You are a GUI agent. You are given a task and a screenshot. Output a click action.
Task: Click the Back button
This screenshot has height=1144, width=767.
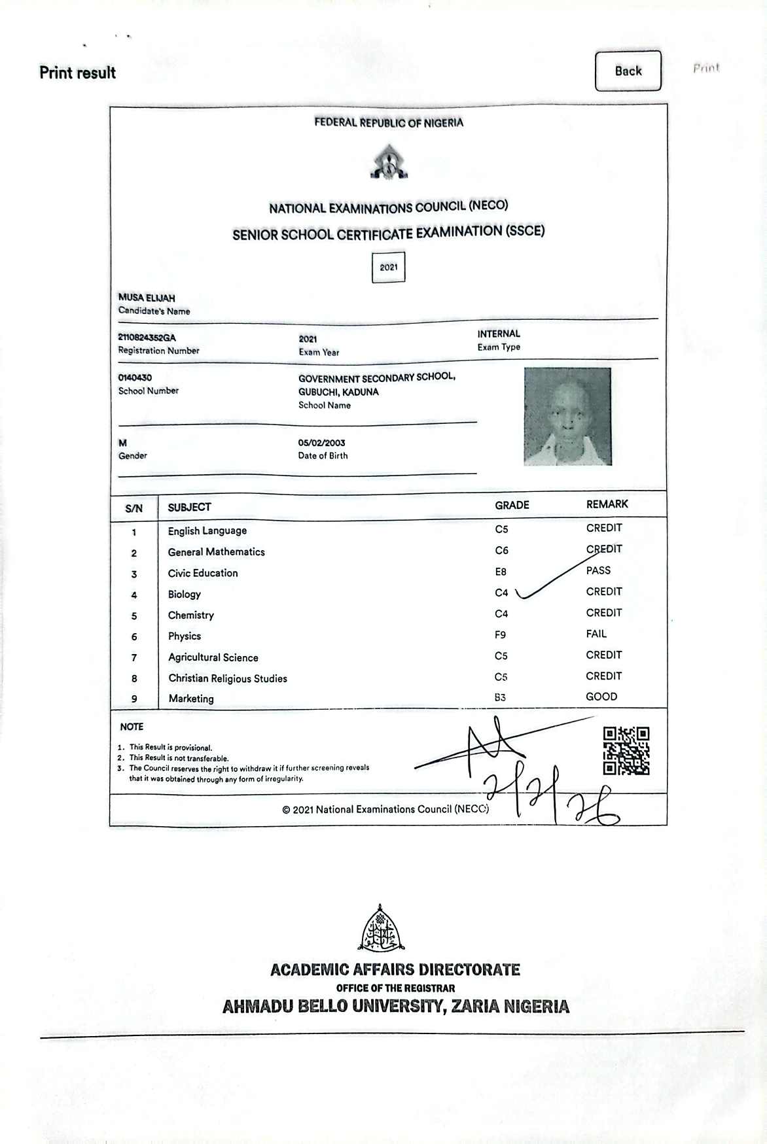(x=628, y=71)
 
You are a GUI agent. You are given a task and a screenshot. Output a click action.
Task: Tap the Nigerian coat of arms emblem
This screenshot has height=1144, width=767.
(x=389, y=163)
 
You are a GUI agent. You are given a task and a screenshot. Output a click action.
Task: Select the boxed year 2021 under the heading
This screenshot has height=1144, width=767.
(x=389, y=268)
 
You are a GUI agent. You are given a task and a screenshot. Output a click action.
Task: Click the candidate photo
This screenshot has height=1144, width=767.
(x=567, y=417)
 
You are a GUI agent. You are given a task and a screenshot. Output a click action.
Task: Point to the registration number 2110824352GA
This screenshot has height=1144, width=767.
(x=147, y=338)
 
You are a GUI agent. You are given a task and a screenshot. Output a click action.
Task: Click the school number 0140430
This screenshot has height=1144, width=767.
(x=135, y=377)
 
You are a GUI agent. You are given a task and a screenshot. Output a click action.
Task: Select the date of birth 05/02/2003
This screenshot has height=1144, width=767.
(x=321, y=443)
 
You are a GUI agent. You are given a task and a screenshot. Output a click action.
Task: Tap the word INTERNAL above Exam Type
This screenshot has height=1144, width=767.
(x=499, y=334)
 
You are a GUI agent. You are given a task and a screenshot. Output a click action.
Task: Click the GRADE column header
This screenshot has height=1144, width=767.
(x=512, y=505)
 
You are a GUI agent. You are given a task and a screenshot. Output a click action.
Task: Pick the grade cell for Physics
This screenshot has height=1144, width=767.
(x=501, y=634)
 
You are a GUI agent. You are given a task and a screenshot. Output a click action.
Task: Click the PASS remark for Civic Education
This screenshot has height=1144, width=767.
(x=598, y=570)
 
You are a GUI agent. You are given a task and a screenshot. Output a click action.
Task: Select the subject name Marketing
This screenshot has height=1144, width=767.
(x=191, y=699)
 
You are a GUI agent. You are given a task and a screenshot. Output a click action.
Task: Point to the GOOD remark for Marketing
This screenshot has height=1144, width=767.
(x=601, y=697)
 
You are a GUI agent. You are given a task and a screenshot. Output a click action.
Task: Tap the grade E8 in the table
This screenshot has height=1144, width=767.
(x=501, y=572)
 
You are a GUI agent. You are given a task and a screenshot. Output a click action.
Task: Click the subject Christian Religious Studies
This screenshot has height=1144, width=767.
(x=228, y=678)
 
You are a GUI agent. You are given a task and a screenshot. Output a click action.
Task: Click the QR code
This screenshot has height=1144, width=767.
(x=626, y=751)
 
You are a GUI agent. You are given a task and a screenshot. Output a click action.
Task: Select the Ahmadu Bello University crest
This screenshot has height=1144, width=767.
(x=382, y=929)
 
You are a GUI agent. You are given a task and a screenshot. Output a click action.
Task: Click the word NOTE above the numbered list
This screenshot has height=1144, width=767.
(x=132, y=727)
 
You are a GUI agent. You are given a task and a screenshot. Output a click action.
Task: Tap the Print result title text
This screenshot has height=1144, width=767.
(x=77, y=73)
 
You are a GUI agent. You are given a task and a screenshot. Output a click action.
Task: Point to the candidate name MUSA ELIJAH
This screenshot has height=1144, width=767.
(x=147, y=298)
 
